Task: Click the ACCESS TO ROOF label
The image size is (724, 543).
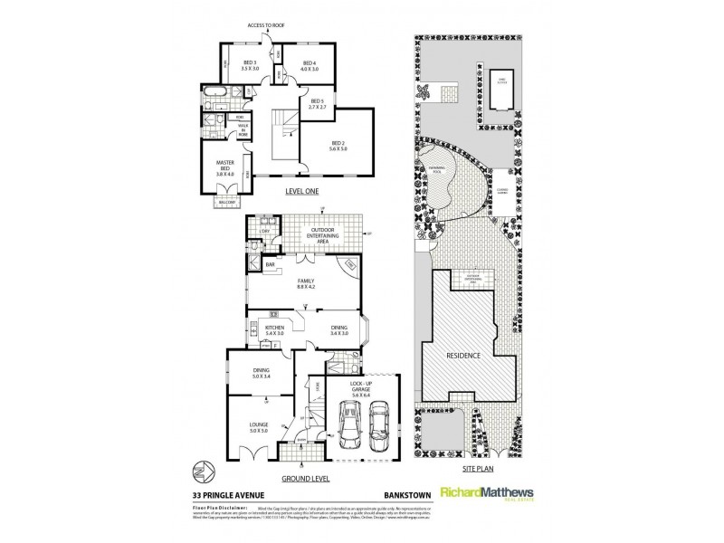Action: point(267,25)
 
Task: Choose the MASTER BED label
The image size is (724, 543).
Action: point(225,166)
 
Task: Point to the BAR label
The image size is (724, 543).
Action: point(270,265)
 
